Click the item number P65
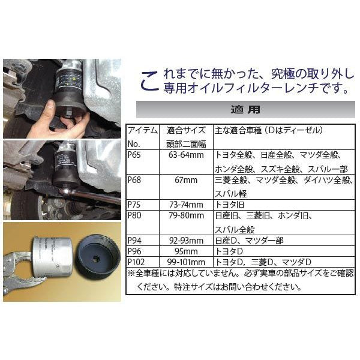[x=134, y=155]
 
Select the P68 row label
[x=134, y=180]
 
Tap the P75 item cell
[x=134, y=205]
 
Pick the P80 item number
[x=134, y=215]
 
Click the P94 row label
[x=134, y=241]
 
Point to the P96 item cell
[x=134, y=251]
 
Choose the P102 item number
[x=136, y=262]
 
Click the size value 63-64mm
[x=186, y=155]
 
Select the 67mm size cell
[x=186, y=180]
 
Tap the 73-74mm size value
[x=186, y=205]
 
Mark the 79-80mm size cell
[x=186, y=215]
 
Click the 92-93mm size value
[x=186, y=241]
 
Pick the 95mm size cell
[x=186, y=251]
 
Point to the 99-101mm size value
[x=186, y=262]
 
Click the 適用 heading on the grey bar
[x=245, y=110]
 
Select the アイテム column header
[x=143, y=130]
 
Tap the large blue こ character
[x=149, y=81]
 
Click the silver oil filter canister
[x=52, y=257]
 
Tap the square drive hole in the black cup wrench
[x=96, y=259]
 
